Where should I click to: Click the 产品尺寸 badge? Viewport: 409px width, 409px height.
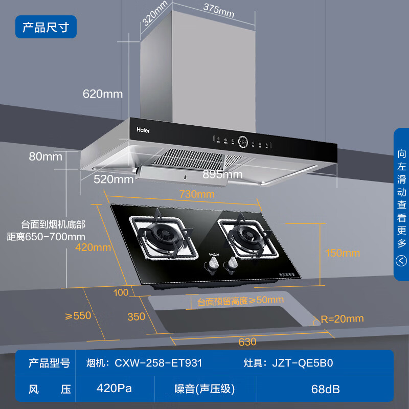[46, 27]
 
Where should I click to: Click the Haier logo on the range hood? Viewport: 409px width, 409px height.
[143, 129]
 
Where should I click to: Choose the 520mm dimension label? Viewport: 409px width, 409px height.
[113, 179]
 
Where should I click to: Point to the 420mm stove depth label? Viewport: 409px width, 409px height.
[93, 248]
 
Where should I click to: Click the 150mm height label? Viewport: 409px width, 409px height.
[343, 253]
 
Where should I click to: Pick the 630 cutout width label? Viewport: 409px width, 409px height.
[247, 342]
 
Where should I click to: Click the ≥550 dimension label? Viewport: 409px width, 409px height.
[78, 315]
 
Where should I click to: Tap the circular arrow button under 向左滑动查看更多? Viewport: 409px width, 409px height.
[401, 261]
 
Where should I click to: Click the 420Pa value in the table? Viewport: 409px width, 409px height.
[114, 388]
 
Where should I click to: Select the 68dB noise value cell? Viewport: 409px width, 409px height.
[325, 389]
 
